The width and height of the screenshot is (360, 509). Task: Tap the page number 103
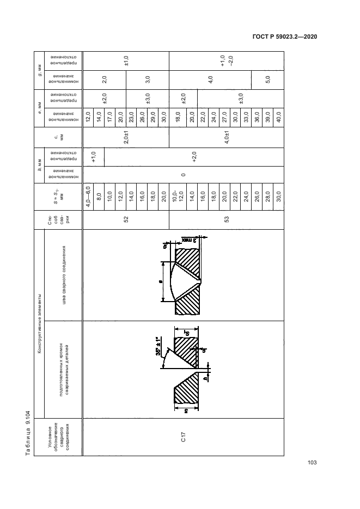click(312, 463)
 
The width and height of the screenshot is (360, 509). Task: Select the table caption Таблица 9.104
click(28, 432)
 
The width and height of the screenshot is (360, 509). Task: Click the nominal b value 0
click(183, 175)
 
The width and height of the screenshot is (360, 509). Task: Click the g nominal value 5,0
click(267, 79)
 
